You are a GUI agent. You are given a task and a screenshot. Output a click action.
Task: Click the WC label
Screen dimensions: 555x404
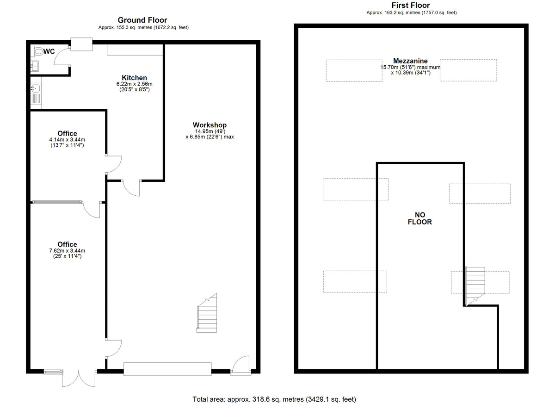coord(49,51)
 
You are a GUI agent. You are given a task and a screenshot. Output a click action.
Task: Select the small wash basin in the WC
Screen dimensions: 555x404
coord(34,66)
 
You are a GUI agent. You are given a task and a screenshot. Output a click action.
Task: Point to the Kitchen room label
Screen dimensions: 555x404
coord(134,78)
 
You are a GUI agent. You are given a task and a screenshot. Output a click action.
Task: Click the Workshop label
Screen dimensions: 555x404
coord(210,125)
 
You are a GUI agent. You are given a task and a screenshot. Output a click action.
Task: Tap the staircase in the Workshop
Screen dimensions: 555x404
coord(207,313)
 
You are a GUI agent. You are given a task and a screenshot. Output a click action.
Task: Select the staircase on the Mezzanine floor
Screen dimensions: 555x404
coord(475,286)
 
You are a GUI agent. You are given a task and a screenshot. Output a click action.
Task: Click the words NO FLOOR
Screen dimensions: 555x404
coord(420,218)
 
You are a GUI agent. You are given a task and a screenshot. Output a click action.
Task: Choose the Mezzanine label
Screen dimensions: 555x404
coord(410,61)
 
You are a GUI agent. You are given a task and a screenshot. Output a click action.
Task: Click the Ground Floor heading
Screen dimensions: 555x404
coord(142,20)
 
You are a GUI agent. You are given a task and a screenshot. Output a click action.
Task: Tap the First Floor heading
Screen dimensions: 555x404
coord(411,5)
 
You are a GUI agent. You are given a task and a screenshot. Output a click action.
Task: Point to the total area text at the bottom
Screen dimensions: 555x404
coord(274,399)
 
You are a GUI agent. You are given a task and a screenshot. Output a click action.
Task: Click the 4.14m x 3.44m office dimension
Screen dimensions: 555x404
coord(67,140)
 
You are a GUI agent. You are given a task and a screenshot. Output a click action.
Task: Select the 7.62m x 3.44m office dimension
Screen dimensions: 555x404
coord(67,251)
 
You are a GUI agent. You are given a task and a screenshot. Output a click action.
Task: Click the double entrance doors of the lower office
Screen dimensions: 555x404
coord(79,378)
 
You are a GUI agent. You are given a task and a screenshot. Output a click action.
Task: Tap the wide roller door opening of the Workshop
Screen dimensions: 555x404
coord(167,369)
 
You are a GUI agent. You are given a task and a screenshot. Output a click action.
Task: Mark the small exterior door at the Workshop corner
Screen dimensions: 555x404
coord(240,365)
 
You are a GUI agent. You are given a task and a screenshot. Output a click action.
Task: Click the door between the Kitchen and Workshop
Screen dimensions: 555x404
coord(131,188)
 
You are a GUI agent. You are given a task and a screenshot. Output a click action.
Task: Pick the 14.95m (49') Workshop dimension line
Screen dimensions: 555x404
coord(210,131)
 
